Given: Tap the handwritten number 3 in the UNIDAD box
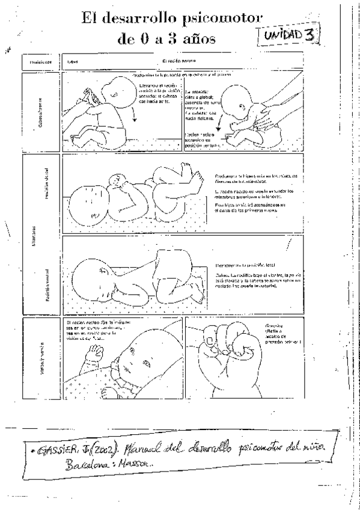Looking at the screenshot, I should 309,35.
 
